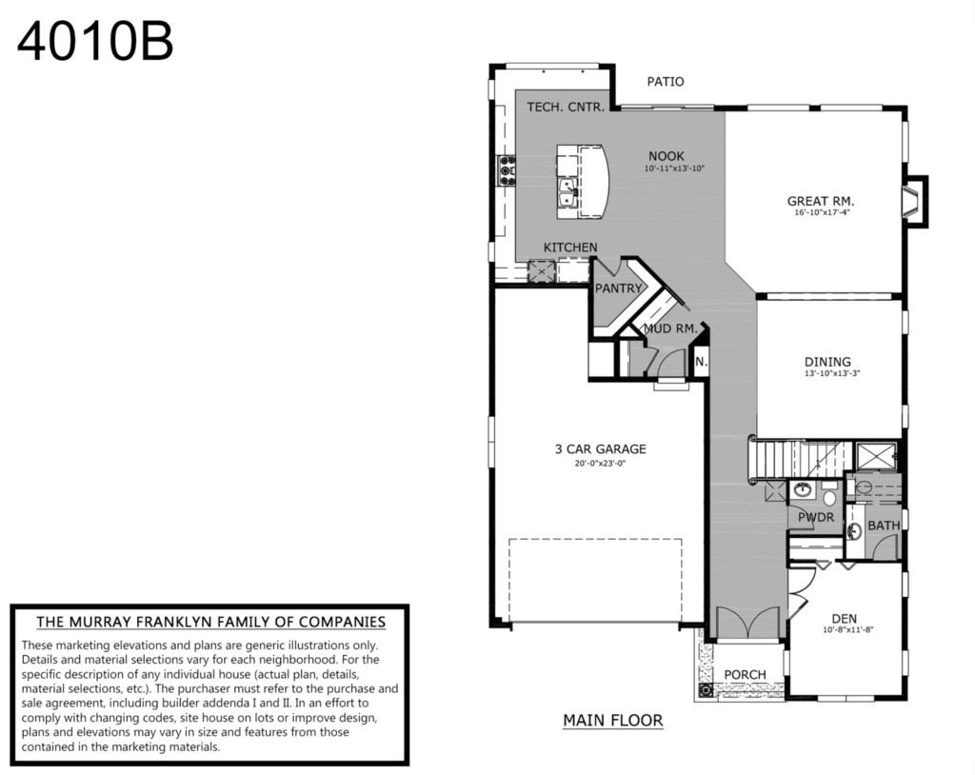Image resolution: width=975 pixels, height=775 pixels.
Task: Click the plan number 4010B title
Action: (95, 42)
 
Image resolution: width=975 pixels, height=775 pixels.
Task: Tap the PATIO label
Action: (666, 82)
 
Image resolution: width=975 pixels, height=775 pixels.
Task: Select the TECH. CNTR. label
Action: (566, 107)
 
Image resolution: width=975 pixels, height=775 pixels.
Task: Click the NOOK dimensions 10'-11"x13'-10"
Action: (675, 169)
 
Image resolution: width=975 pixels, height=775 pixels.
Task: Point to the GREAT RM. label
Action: (821, 201)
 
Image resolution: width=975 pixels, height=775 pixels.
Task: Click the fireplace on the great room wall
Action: (915, 202)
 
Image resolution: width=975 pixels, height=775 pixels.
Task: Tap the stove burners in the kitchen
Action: (507, 170)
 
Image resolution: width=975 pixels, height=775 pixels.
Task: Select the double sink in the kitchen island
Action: (568, 193)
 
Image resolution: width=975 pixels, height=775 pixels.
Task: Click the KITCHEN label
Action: (570, 247)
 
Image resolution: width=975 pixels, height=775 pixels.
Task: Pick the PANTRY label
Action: (618, 288)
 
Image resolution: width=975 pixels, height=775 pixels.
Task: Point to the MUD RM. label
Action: (670, 328)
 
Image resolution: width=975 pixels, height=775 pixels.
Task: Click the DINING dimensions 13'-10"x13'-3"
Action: (832, 374)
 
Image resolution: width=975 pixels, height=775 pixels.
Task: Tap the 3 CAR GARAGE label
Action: (601, 448)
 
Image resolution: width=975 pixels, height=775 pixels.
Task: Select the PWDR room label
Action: (816, 517)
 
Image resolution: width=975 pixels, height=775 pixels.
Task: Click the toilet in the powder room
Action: (829, 496)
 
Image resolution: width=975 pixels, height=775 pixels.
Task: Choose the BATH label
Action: (884, 526)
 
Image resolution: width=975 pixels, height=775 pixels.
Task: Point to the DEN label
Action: (845, 618)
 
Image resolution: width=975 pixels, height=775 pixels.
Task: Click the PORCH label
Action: (745, 674)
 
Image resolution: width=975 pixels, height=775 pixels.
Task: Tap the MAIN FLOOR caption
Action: (613, 721)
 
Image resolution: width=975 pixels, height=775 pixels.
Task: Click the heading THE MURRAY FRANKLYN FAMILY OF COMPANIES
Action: (210, 622)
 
